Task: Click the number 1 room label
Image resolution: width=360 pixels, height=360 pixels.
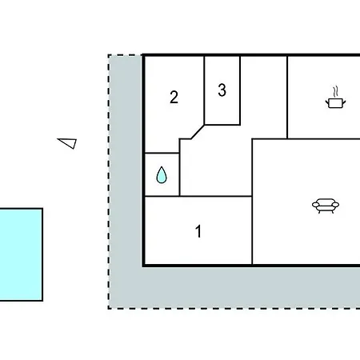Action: (x=198, y=231)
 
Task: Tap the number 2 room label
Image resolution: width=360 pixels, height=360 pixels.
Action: (x=174, y=97)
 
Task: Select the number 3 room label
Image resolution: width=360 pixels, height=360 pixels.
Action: (x=222, y=90)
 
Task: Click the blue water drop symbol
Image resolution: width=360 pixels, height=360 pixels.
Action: (x=162, y=175)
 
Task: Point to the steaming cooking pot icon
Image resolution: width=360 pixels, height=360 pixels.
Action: (x=335, y=98)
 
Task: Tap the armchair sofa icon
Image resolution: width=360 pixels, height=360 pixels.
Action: (x=326, y=206)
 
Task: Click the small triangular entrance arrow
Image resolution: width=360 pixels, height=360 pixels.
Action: (x=67, y=143)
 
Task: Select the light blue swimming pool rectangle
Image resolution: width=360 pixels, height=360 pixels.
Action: (x=21, y=254)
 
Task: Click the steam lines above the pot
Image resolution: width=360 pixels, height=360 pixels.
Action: (x=336, y=91)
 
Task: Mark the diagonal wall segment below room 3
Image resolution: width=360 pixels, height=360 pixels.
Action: (x=198, y=132)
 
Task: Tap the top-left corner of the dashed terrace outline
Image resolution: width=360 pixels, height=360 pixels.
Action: (x=109, y=55)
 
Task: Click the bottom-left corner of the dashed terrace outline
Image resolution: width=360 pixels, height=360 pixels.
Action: (x=109, y=309)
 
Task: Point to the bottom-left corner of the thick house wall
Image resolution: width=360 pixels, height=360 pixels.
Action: (x=143, y=266)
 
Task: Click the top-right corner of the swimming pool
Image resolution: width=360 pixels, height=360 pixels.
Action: (x=42, y=209)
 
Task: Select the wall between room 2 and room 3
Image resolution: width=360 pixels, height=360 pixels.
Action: (x=204, y=90)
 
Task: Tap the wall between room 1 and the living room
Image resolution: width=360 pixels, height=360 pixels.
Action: (x=252, y=230)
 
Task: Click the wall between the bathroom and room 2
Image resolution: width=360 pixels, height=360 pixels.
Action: (x=162, y=154)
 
